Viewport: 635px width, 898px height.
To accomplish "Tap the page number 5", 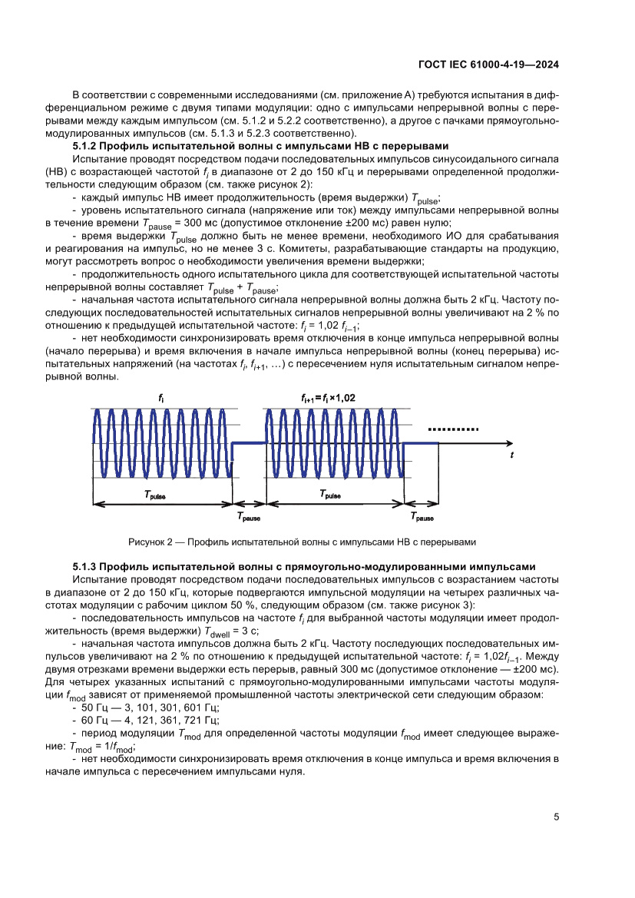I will point(555,817).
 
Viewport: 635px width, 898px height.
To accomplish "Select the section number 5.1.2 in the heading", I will point(84,146).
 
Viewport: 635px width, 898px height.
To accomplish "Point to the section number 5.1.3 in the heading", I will point(84,566).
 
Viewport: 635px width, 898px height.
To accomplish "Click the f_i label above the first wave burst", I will point(160,397).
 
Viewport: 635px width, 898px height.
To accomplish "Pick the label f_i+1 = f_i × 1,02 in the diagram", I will point(328,397).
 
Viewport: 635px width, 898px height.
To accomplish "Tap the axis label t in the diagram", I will point(511,456).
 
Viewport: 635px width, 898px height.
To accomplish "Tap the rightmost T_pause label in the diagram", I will point(422,519).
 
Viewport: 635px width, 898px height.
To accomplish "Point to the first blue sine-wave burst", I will point(161,442).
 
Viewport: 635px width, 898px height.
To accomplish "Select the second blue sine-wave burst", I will point(334,442).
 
